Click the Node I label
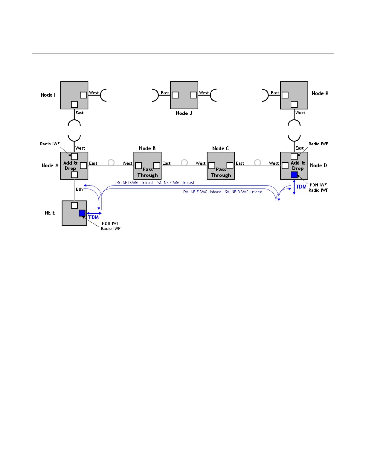[48, 95]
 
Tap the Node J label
[184, 113]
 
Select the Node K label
[320, 93]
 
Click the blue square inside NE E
[82, 213]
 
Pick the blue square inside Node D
[294, 175]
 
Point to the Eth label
[79, 189]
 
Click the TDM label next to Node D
[301, 187]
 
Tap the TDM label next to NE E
[94, 217]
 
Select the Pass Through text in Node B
[148, 172]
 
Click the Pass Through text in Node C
[221, 172]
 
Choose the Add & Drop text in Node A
[70, 165]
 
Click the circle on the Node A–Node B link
[111, 162]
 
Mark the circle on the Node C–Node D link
[257, 162]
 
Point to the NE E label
[50, 213]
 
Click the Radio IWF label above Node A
[50, 144]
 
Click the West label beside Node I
[94, 93]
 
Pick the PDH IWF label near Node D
[318, 185]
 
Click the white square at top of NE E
[74, 205]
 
